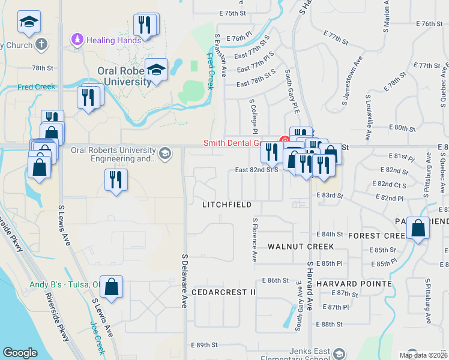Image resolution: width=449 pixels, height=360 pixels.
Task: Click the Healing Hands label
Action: point(114,40)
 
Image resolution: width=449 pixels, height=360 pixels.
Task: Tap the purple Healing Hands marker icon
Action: point(77,40)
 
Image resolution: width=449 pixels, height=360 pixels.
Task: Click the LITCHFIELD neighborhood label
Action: point(226,205)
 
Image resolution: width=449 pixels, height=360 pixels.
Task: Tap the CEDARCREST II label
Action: point(224,292)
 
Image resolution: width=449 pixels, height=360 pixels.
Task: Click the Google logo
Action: point(20,353)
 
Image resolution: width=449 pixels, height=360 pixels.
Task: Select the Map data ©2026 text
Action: point(424,354)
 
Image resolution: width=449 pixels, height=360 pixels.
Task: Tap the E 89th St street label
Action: point(203,345)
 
